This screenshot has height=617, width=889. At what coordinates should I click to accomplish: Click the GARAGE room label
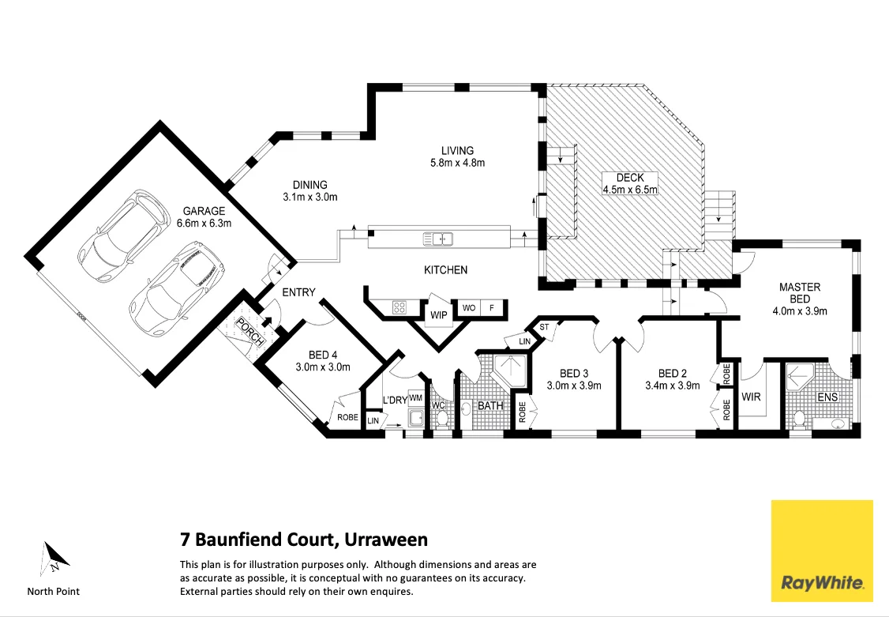click(x=204, y=212)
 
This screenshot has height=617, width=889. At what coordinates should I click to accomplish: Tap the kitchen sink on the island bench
click(x=438, y=239)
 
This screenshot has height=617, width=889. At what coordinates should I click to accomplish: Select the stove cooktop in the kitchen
click(x=399, y=307)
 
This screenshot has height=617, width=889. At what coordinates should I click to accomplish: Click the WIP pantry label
click(x=439, y=315)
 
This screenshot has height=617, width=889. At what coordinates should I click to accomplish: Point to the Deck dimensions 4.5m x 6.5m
click(x=630, y=190)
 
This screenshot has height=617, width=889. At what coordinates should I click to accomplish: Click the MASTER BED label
click(x=800, y=292)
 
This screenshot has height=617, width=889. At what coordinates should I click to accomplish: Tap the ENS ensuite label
click(x=827, y=397)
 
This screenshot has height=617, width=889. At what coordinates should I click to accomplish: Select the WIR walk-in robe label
click(x=751, y=397)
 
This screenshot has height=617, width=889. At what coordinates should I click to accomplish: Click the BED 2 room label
click(x=673, y=373)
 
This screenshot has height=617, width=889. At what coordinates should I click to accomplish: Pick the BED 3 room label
click(x=574, y=373)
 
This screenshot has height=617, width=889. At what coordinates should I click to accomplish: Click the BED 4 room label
click(x=323, y=355)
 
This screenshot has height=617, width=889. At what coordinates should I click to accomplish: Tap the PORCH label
click(x=250, y=333)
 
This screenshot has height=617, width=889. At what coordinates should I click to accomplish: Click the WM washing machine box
click(x=415, y=398)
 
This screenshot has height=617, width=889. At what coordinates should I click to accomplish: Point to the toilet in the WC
click(x=441, y=419)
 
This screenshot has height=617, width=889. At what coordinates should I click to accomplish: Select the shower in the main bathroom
click(x=510, y=371)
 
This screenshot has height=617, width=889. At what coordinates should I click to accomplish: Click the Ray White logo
click(x=822, y=551)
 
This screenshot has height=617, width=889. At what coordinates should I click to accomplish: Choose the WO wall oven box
click(x=469, y=308)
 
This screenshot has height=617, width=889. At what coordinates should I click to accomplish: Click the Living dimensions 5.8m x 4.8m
click(x=458, y=163)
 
